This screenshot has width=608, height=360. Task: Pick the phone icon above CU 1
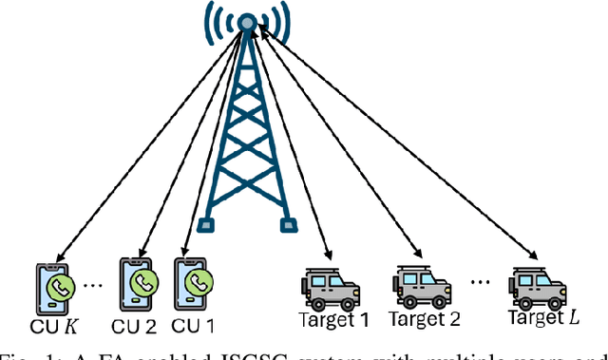click(193, 282)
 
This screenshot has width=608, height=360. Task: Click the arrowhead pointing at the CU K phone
click(57, 256)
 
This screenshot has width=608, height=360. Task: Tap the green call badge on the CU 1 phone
click(198, 282)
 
